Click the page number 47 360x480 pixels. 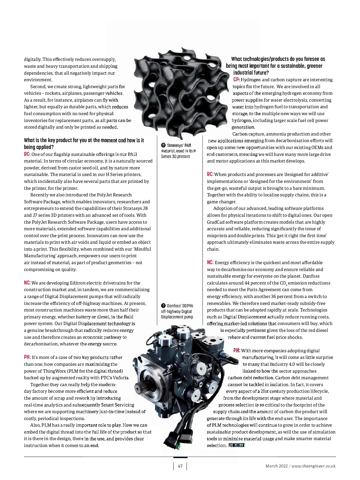coord(180,466)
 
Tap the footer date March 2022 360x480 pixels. coord(276,466)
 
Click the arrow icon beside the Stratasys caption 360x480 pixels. coord(163,145)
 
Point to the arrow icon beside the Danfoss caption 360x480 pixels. coord(163,306)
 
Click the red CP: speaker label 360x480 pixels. coord(236,80)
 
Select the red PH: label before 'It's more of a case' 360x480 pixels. coord(27,357)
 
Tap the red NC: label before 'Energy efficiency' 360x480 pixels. coord(210,263)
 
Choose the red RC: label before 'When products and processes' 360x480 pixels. coord(210,174)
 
